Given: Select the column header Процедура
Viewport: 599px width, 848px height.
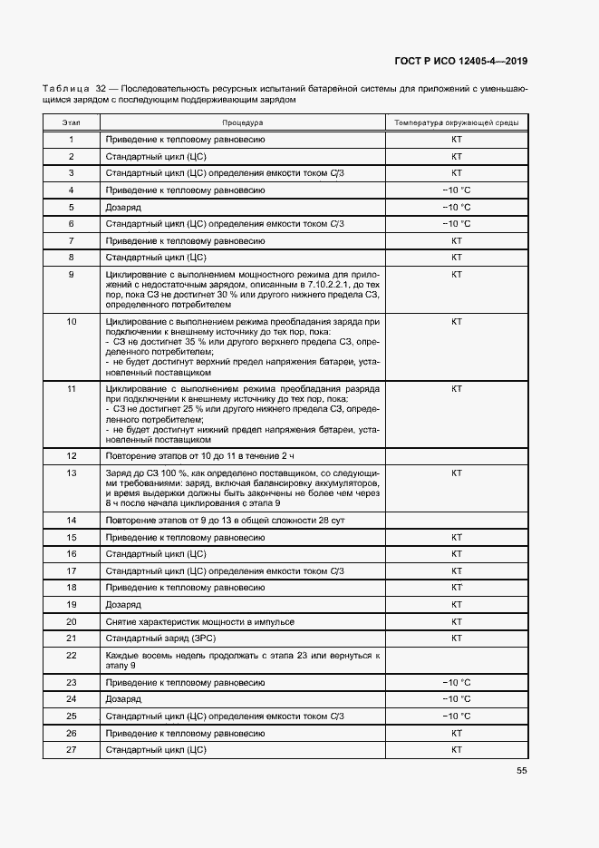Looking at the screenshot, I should pos(242,122).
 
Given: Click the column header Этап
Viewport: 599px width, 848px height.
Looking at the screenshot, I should pos(71,122).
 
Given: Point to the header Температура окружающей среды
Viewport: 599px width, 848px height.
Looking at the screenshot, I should pos(457,122).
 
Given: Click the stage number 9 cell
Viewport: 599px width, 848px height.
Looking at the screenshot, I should pos(72,274).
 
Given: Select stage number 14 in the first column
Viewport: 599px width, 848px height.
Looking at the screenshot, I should pos(72,521).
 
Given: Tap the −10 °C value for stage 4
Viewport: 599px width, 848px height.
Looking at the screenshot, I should pos(457,190).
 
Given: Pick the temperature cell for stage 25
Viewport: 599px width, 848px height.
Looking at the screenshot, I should pos(457,716).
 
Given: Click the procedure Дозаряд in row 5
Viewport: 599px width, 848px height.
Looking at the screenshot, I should pos(123,207).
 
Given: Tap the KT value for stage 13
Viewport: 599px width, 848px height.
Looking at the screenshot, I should pos(457,473).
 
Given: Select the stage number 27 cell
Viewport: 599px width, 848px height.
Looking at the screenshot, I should pos(72,750).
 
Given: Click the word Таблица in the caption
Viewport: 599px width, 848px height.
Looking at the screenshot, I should pos(64,89).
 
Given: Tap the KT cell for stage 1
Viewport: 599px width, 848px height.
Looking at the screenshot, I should pos(457,140).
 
